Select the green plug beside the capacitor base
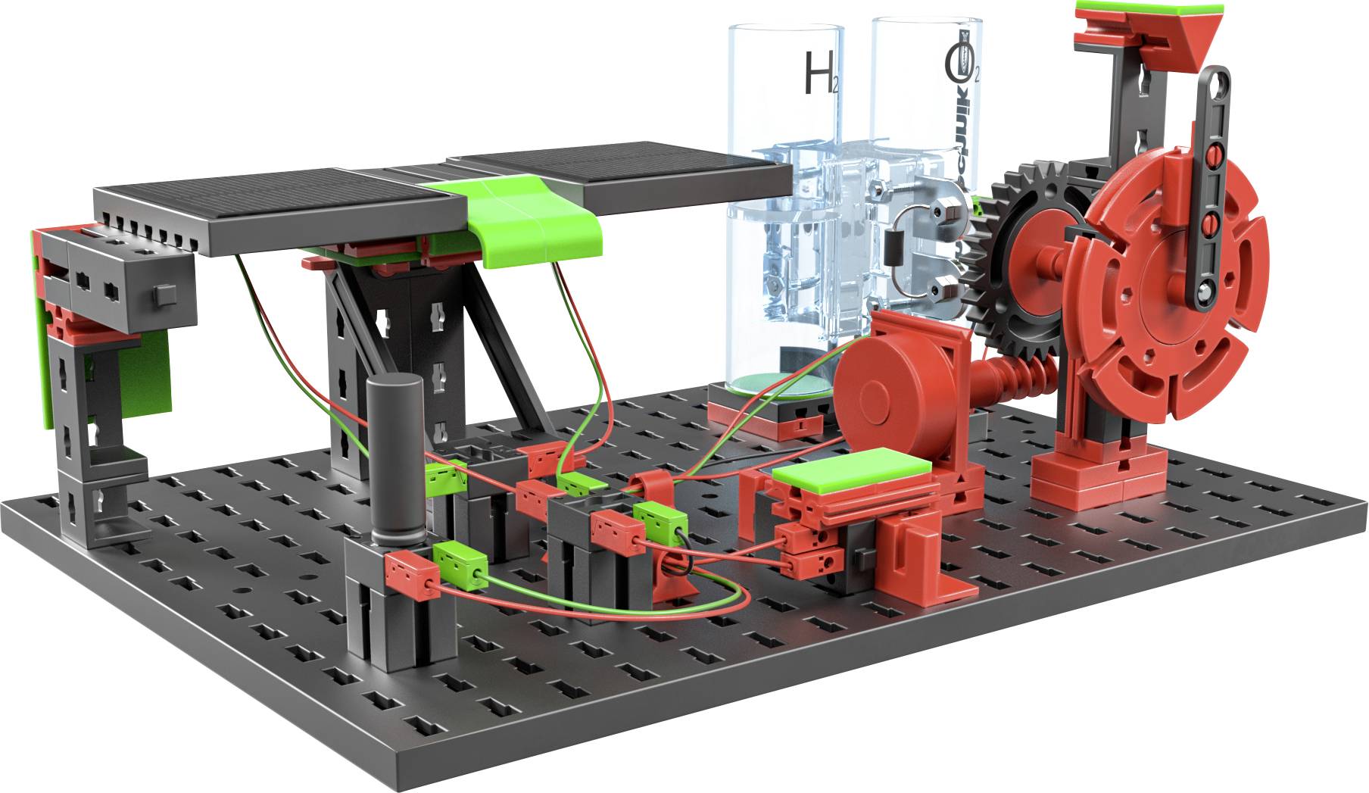459,565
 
